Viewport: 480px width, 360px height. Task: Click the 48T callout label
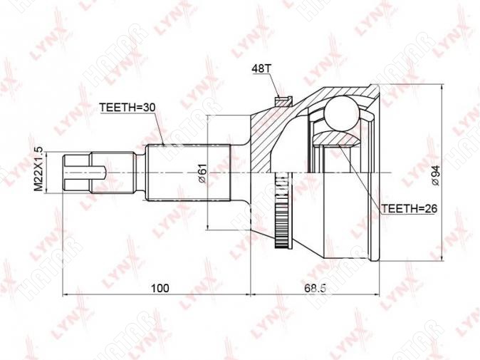tap(261, 68)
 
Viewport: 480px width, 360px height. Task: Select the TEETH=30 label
tap(127, 108)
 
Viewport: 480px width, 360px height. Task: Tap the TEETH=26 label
tap(409, 209)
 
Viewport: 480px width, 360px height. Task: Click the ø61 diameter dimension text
tap(203, 174)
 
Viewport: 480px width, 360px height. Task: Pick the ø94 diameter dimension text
tap(435, 175)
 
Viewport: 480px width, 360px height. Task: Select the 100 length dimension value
tap(160, 288)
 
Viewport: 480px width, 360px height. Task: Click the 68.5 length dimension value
tap(315, 288)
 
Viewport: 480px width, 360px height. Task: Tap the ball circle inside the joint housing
tap(341, 113)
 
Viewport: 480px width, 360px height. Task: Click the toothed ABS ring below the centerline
tap(281, 210)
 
